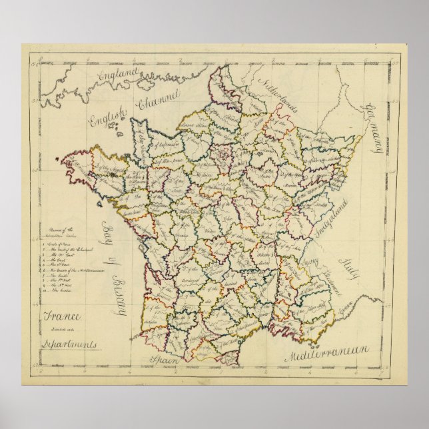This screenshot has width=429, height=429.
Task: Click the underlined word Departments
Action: (58, 346)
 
